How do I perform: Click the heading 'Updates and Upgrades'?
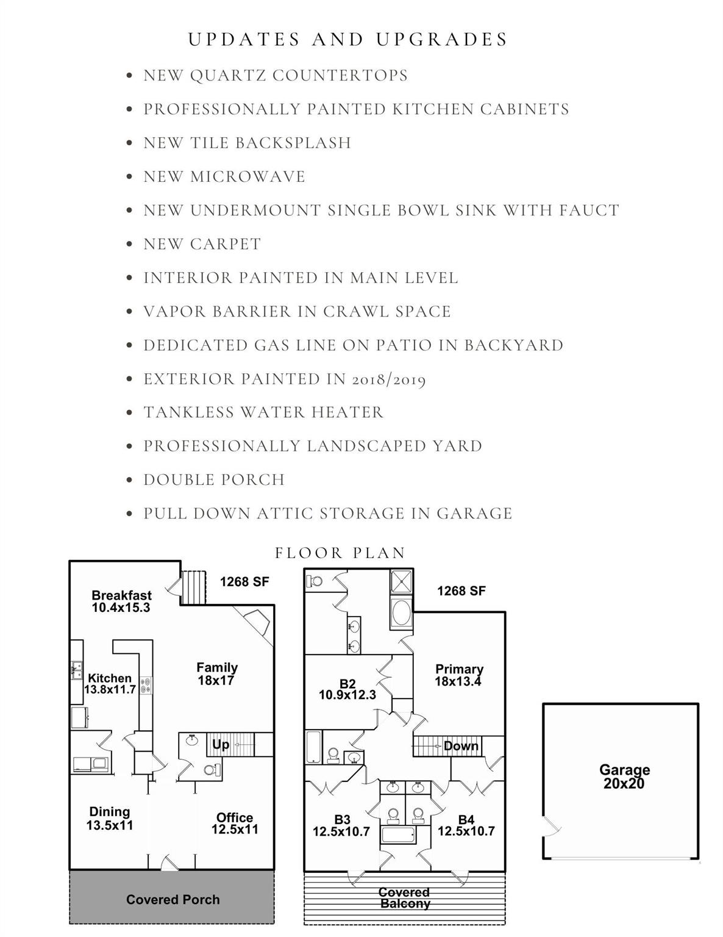tap(347, 40)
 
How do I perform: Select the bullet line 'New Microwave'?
tap(224, 177)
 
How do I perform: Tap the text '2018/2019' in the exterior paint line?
tap(388, 379)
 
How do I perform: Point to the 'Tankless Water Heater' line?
tap(263, 412)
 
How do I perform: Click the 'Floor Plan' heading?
tap(340, 553)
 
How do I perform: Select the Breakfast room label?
tap(121, 595)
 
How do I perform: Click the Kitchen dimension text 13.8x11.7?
tap(110, 690)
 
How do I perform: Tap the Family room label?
tap(216, 668)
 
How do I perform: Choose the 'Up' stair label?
tap(221, 745)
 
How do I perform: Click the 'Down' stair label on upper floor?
tap(461, 746)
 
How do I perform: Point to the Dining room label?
tap(110, 812)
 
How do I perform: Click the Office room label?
tap(235, 818)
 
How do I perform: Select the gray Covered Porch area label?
tap(173, 900)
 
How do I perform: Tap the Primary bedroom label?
tap(459, 669)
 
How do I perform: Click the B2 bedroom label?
tap(347, 684)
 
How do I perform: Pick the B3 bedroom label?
tap(342, 820)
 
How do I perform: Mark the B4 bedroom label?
tap(466, 820)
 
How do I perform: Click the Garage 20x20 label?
tap(624, 777)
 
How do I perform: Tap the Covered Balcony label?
tap(405, 898)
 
